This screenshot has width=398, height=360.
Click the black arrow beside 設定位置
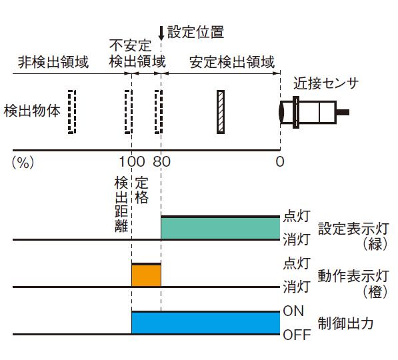pyautogui.click(x=161, y=33)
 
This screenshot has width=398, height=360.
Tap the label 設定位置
pyautogui.click(x=195, y=32)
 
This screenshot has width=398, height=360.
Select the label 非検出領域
pyautogui.click(x=53, y=62)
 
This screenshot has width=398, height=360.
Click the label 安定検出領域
pyautogui.click(x=232, y=62)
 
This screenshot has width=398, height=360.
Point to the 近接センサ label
pyautogui.click(x=326, y=83)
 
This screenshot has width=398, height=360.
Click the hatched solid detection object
pyautogui.click(x=221, y=112)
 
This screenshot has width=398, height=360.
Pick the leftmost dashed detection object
pyautogui.click(x=72, y=112)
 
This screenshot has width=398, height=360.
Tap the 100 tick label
pyautogui.click(x=132, y=161)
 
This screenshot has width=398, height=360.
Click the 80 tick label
pyautogui.click(x=161, y=161)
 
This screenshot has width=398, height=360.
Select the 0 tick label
pyautogui.click(x=280, y=161)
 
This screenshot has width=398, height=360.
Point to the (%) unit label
pyautogui.click(x=23, y=162)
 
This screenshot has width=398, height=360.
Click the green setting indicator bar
pyautogui.click(x=220, y=228)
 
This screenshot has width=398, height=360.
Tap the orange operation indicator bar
pyautogui.click(x=146, y=275)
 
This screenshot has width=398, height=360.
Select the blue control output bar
pyautogui.click(x=205, y=323)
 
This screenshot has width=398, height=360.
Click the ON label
pyautogui.click(x=293, y=311)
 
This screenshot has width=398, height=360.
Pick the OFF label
pyautogui.click(x=297, y=335)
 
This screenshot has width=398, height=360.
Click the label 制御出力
pyautogui.click(x=346, y=323)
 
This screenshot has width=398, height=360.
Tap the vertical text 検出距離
pyautogui.click(x=121, y=205)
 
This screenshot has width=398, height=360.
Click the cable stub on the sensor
pyautogui.click(x=343, y=112)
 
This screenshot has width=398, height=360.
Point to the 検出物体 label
pyautogui.click(x=32, y=111)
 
